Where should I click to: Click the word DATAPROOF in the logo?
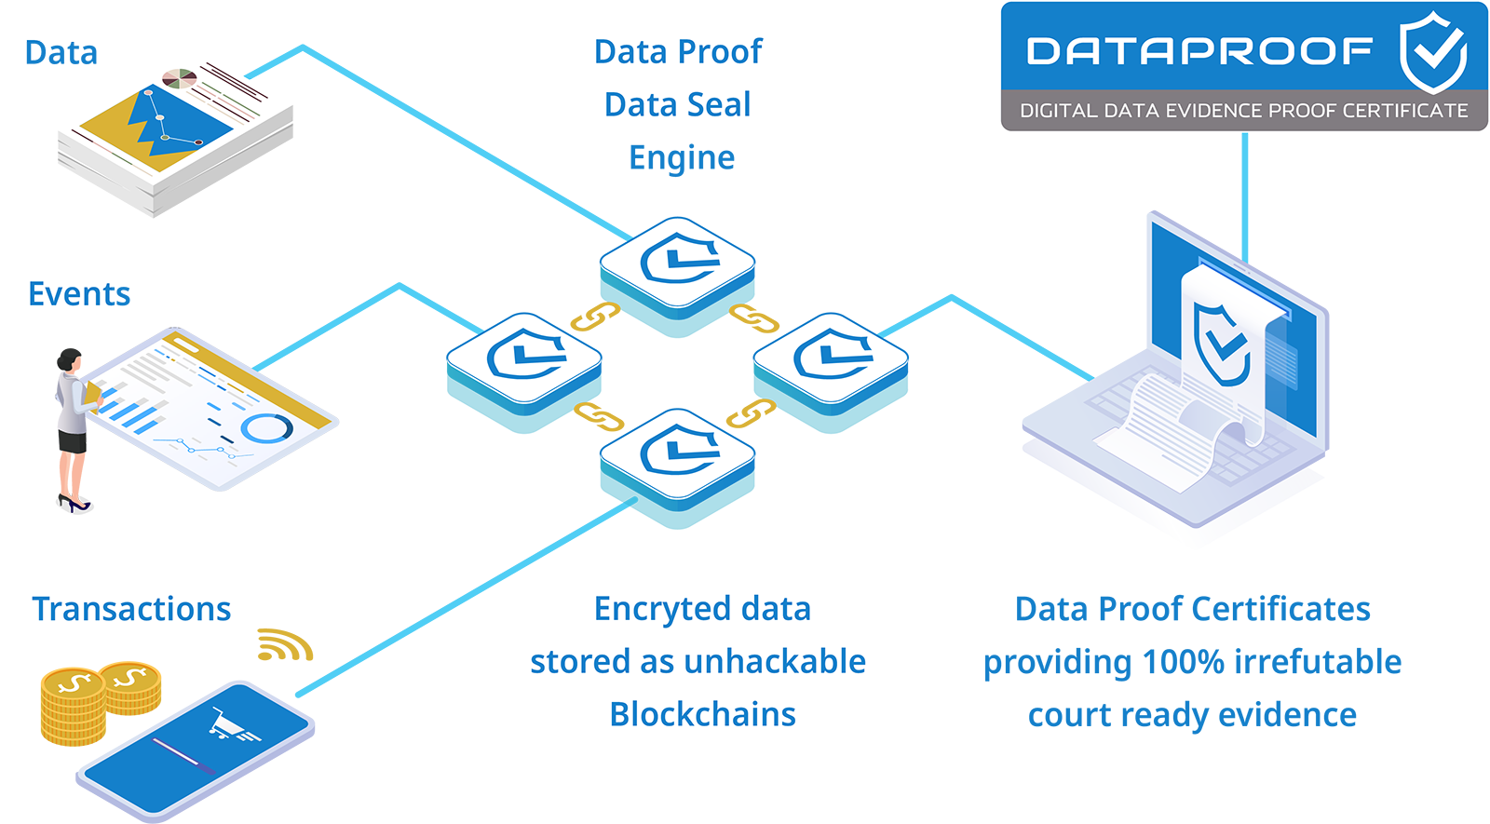[x=1199, y=51]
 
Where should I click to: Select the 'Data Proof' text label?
[x=678, y=52]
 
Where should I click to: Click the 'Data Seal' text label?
[x=677, y=105]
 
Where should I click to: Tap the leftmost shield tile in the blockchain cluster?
[x=524, y=358]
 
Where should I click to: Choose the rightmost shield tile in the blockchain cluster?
[x=831, y=358]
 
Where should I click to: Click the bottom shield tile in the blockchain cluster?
[x=678, y=454]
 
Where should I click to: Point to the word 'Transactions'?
[x=131, y=609]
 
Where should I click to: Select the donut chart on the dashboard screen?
[x=266, y=428]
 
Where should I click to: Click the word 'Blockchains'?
[x=702, y=715]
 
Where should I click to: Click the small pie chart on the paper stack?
[x=179, y=77]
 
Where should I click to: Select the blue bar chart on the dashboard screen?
[x=129, y=411]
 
